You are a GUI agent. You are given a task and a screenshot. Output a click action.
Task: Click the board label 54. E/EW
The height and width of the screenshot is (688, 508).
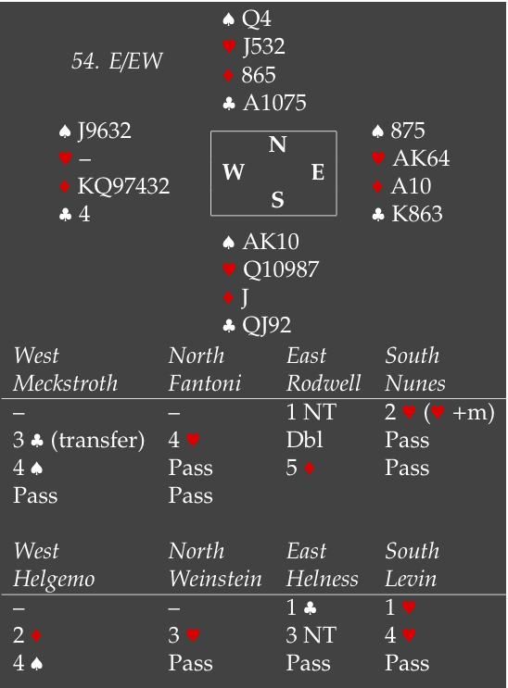point(117,60)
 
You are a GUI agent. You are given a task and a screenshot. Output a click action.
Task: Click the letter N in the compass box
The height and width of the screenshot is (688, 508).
point(277,144)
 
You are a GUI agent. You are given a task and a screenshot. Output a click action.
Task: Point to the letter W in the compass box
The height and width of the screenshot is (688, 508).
point(234,172)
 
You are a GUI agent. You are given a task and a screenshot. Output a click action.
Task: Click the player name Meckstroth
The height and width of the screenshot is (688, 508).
point(66,383)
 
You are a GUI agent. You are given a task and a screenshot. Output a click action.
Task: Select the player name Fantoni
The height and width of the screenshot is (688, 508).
point(205,383)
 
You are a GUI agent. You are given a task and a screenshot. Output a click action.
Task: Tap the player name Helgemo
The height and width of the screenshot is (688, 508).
point(54,579)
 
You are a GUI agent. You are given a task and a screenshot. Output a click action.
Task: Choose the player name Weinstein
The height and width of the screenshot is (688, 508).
point(215,579)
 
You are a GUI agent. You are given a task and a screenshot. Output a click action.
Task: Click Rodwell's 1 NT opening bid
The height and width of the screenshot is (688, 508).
point(311,412)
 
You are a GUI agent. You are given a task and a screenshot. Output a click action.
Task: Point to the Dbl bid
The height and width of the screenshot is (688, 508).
point(305,440)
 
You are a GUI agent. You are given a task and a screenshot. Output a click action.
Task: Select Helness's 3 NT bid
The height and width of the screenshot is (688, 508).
point(311,635)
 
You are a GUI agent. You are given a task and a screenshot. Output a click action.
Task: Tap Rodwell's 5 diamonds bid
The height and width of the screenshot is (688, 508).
point(301,468)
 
